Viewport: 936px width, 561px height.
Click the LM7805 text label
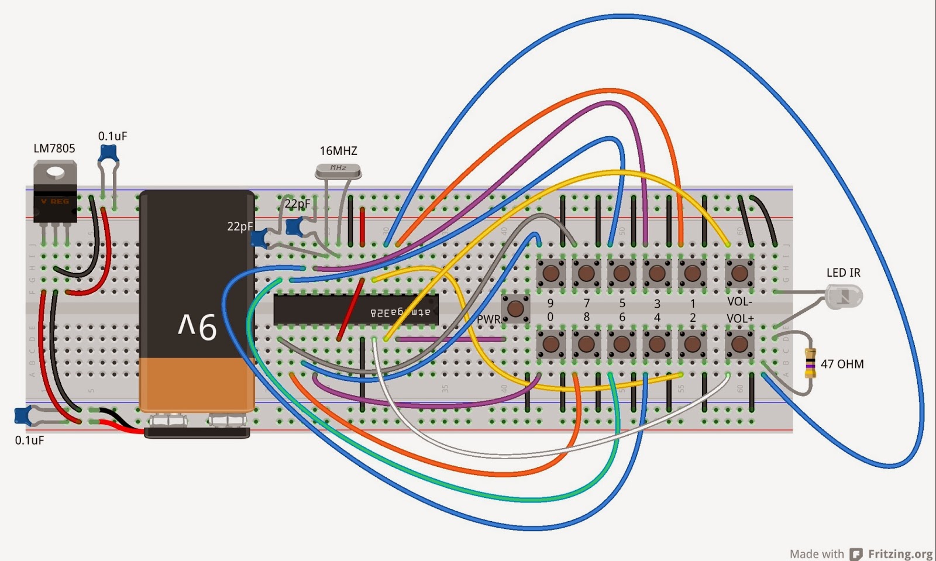(54, 149)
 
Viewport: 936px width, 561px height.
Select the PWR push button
(515, 308)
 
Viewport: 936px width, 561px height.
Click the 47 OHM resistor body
(810, 363)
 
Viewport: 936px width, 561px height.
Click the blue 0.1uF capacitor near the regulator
(108, 154)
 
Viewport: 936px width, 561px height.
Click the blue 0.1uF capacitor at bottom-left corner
(23, 415)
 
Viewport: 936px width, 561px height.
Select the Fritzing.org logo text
(900, 553)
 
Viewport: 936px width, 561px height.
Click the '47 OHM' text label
(842, 364)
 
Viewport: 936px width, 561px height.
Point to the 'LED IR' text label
(843, 273)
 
